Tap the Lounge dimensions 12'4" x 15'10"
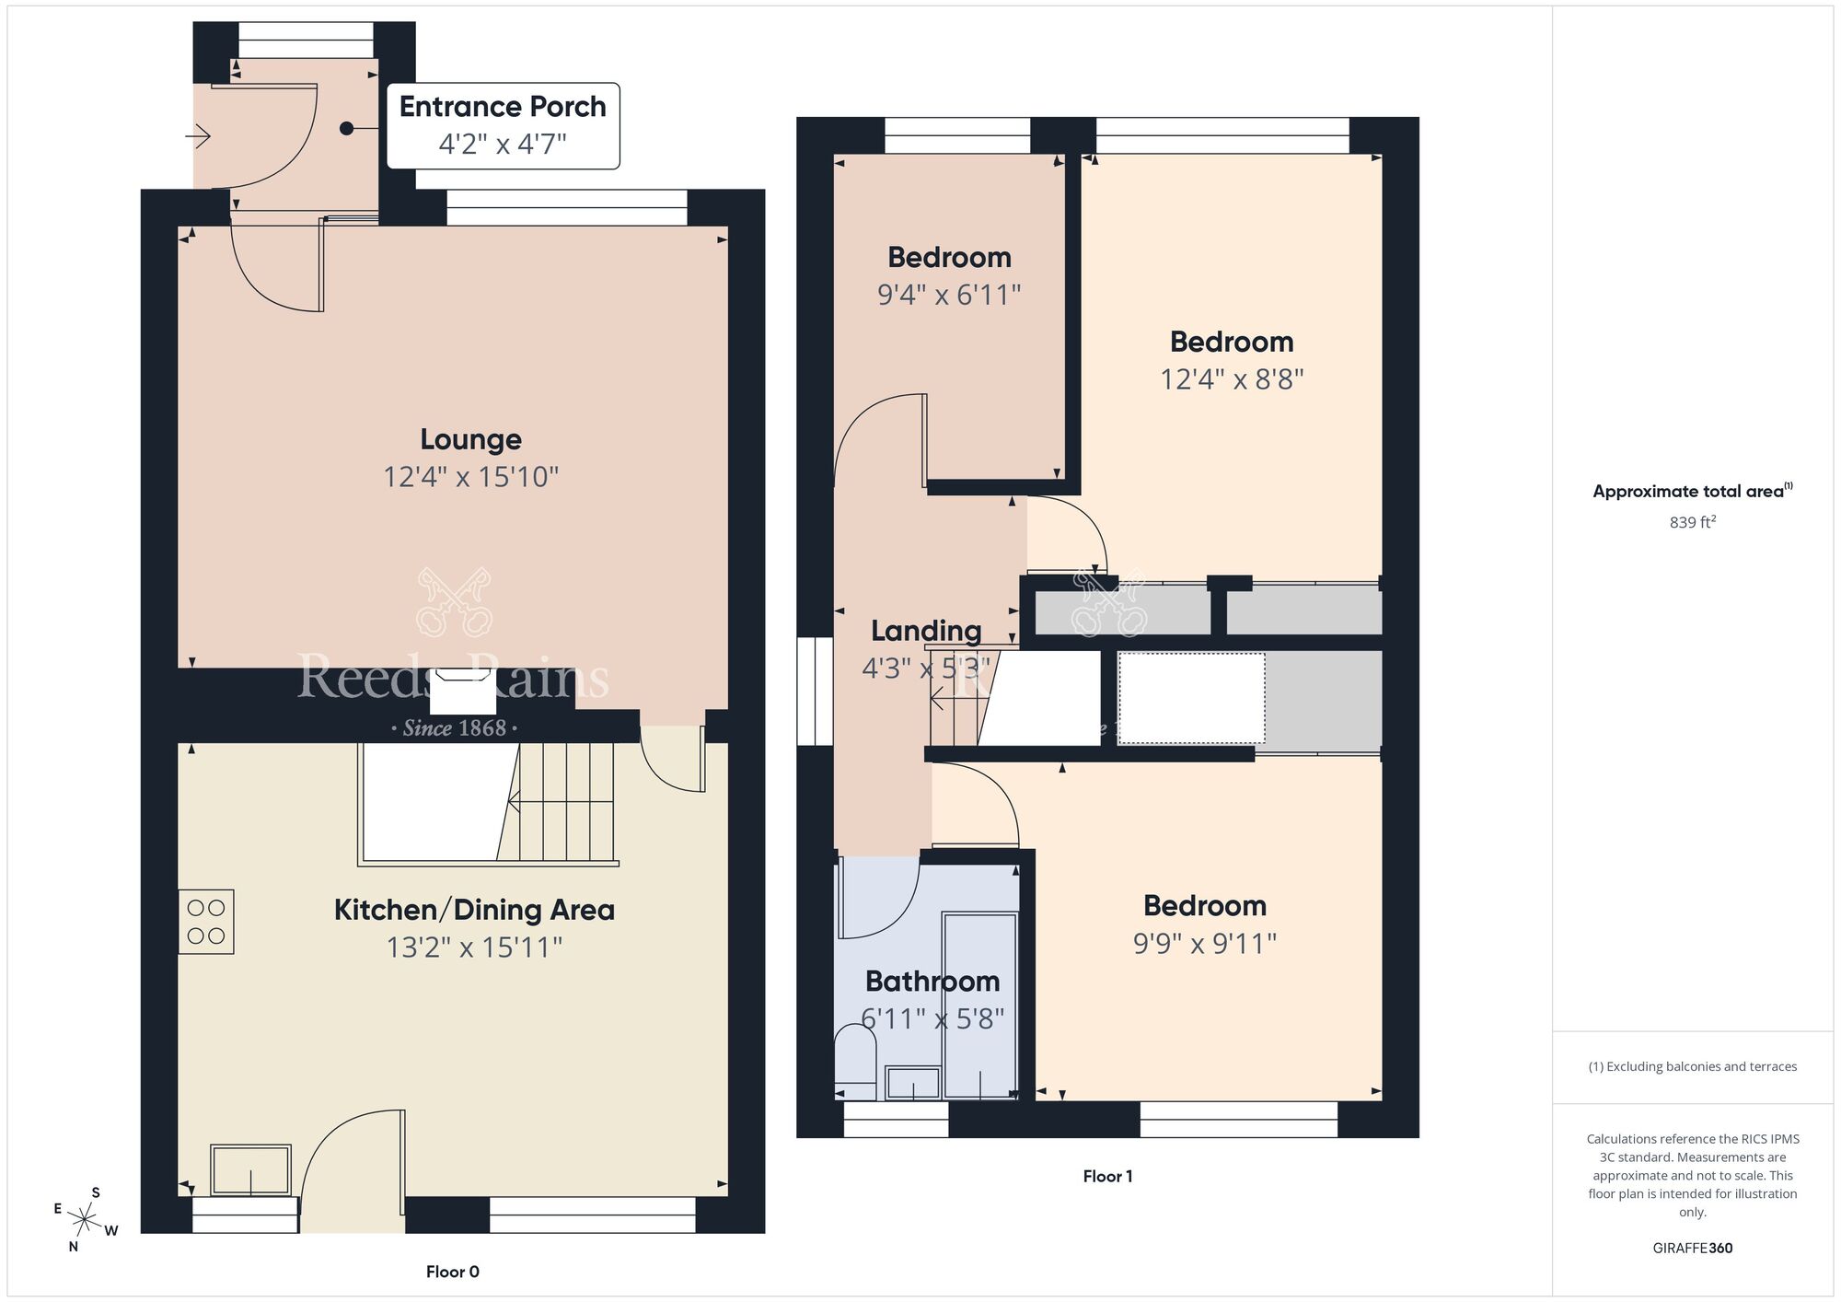click(471, 477)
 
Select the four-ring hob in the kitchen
click(206, 922)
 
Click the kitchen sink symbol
click(250, 1169)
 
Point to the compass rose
click(86, 1221)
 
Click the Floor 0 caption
click(452, 1272)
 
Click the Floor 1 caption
click(1107, 1176)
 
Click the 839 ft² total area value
click(1692, 522)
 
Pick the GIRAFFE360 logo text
click(1692, 1249)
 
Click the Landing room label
click(926, 631)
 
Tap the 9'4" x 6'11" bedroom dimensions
click(949, 295)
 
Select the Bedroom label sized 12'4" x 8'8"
click(1232, 342)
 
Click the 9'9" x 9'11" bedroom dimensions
click(1204, 944)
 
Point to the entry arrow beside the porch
click(199, 137)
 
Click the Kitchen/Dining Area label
click(473, 910)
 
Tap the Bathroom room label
click(932, 981)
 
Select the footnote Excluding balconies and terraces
click(1692, 1066)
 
